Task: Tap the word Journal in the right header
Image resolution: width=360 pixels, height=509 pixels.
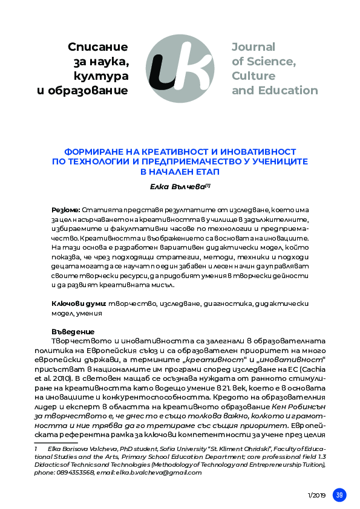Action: (x=253, y=47)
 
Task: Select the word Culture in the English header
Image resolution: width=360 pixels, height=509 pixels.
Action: (x=253, y=76)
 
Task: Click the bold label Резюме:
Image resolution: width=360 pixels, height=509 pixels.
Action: (x=66, y=209)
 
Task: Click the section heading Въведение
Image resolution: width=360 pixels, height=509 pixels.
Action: (x=73, y=331)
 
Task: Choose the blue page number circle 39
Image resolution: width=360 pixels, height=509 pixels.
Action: (x=340, y=494)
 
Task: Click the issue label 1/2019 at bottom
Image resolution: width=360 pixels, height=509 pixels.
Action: (x=317, y=495)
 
